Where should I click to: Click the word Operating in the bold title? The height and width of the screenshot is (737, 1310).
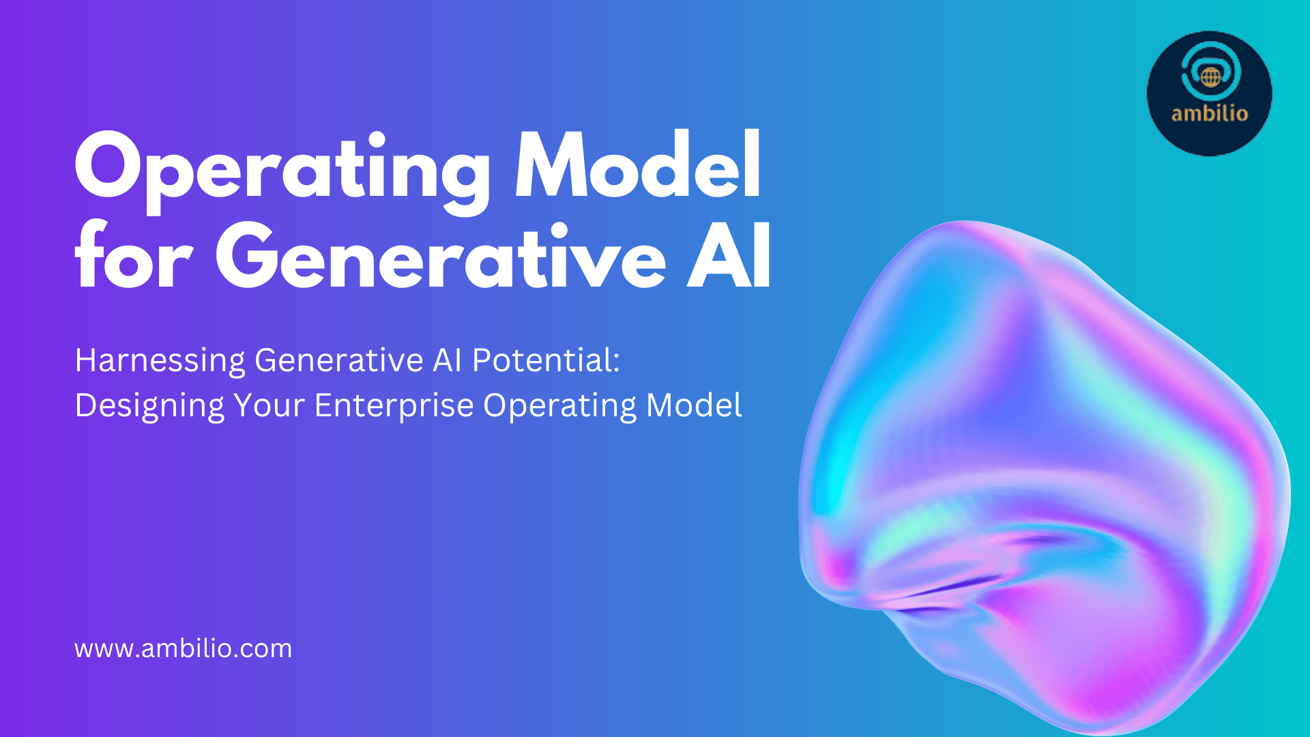[x=282, y=170]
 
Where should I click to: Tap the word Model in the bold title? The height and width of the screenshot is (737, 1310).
[x=638, y=164]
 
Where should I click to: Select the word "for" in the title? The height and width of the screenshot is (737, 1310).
[x=133, y=254]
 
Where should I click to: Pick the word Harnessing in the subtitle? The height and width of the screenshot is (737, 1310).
[x=160, y=361]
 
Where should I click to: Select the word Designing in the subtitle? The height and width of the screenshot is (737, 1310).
[x=149, y=406]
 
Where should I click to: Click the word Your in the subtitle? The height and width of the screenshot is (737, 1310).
[x=269, y=405]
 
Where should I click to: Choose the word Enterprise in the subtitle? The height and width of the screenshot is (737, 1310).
[x=394, y=406]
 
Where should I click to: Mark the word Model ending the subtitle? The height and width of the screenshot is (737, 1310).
[x=694, y=405]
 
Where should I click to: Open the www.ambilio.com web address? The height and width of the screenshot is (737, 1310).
[x=183, y=648]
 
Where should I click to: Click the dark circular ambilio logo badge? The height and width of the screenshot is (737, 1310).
[x=1210, y=93]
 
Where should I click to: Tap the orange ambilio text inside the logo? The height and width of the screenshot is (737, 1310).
[x=1210, y=113]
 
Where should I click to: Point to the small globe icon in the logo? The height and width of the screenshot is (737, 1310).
[x=1210, y=77]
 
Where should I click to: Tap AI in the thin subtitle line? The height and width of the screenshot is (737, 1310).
[x=448, y=360]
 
